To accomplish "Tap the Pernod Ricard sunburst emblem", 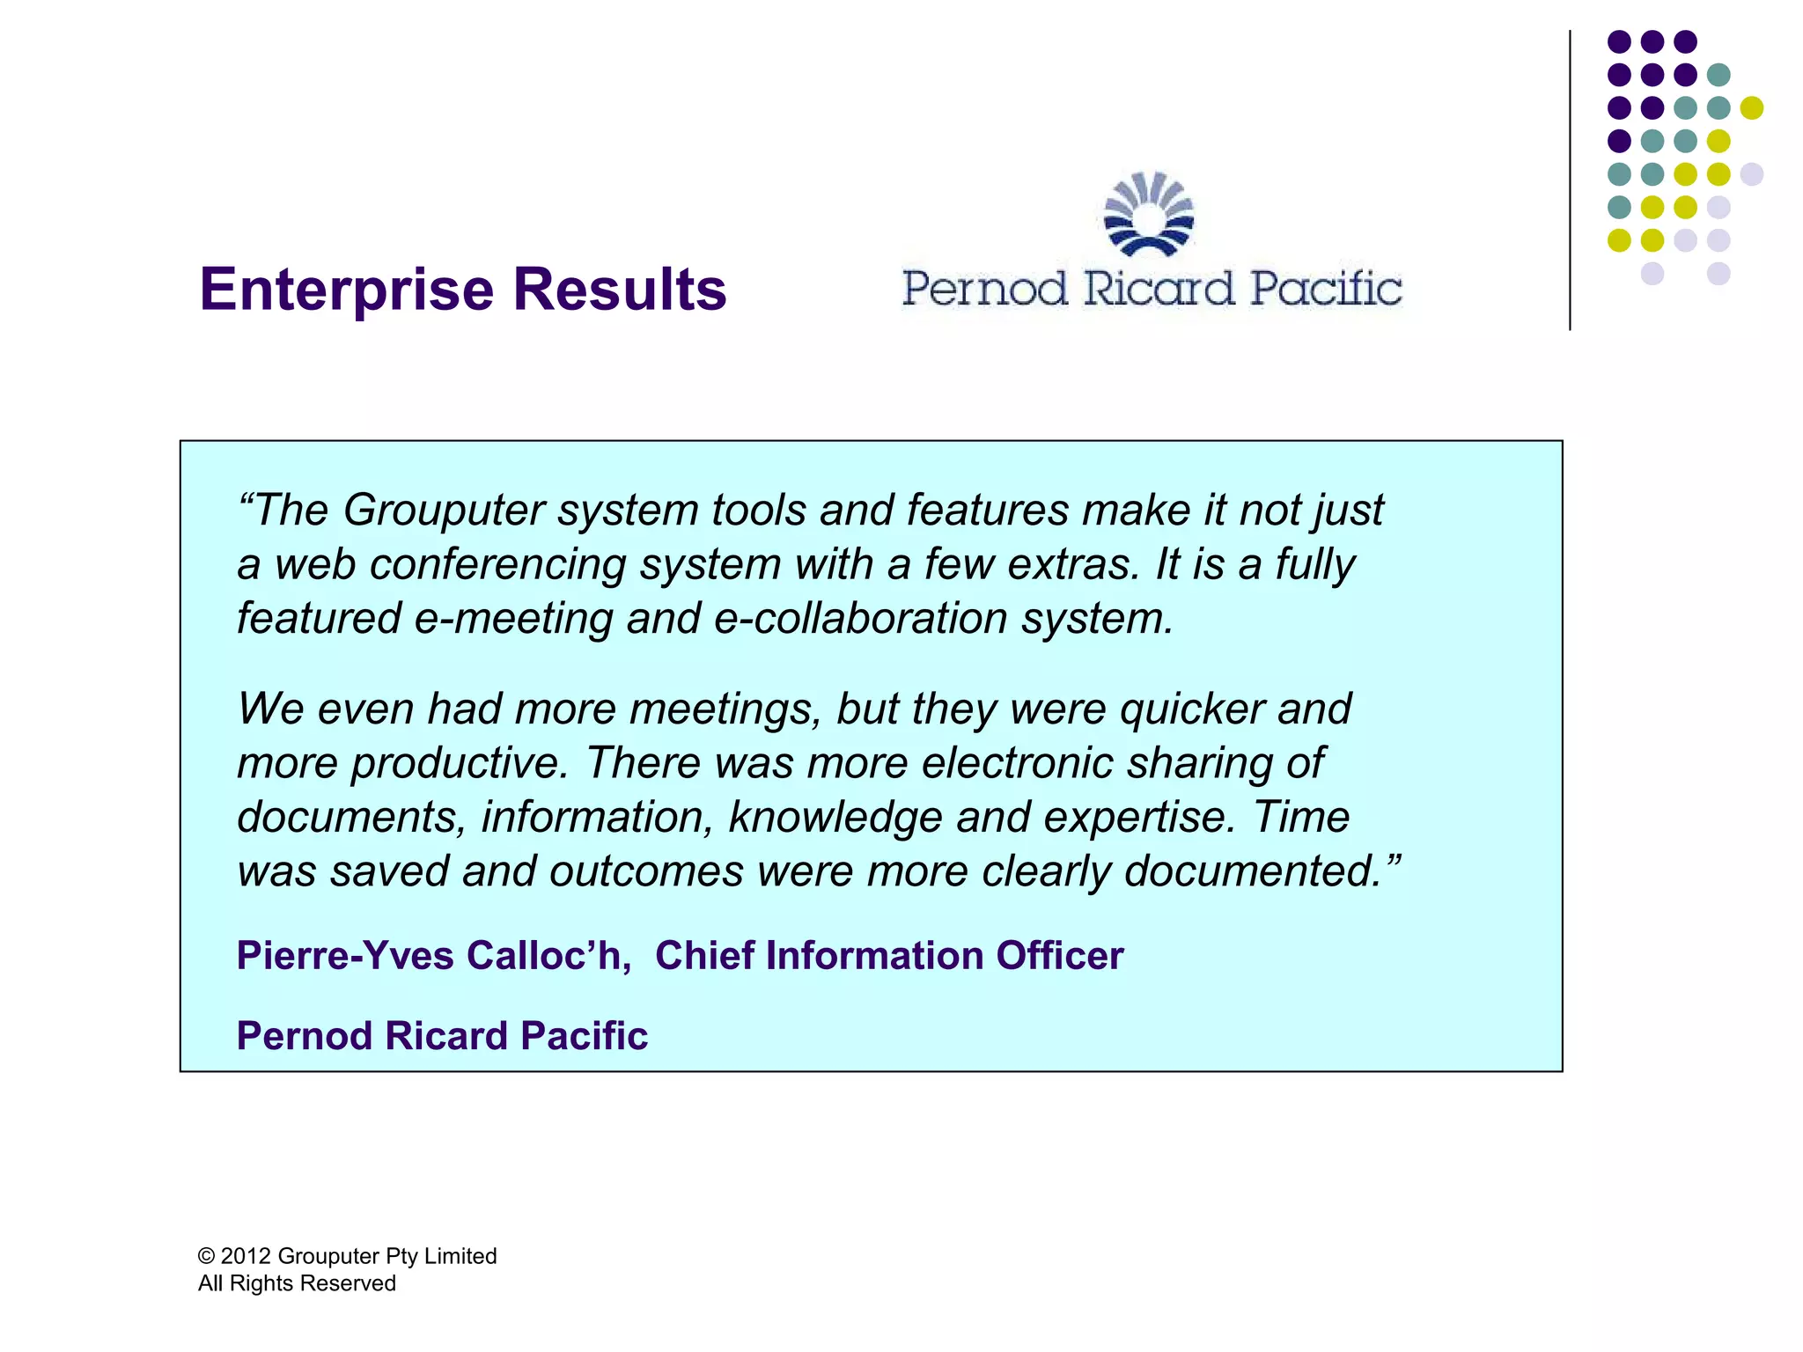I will pos(1149,215).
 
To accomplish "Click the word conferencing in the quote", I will pos(497,565).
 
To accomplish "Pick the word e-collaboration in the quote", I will pos(860,618).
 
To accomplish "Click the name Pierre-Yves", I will pos(345,956).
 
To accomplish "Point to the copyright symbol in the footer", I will pos(207,1256).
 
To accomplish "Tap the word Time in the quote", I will pos(1301,817).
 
